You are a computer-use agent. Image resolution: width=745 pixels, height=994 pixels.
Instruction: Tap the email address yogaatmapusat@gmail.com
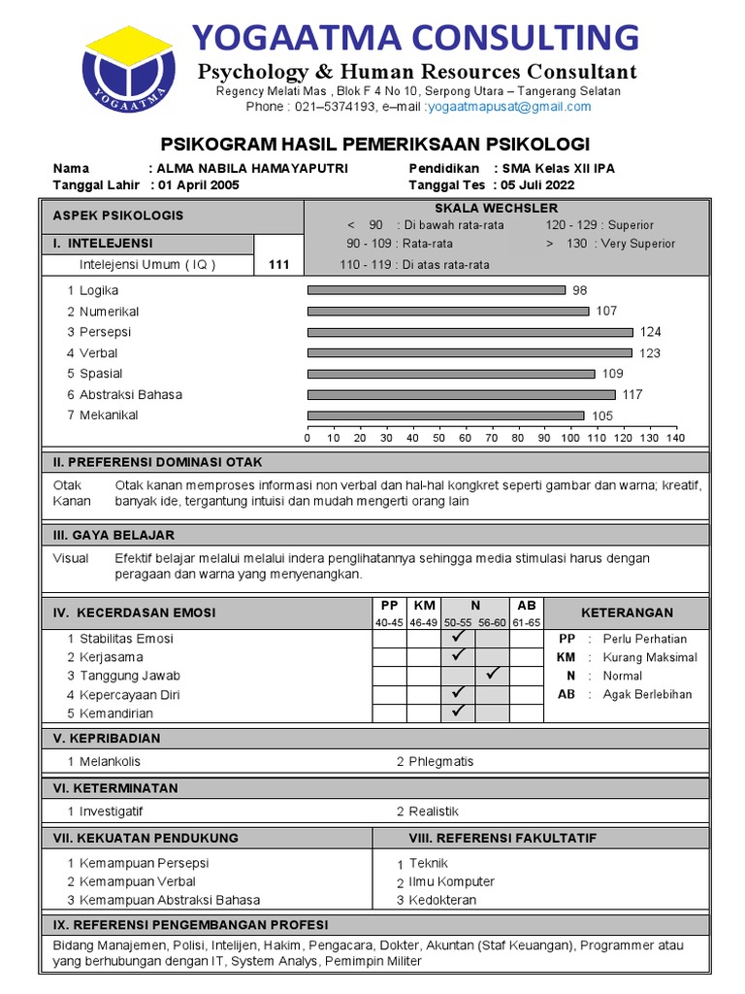509,107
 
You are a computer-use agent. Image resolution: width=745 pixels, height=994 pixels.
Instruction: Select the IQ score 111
279,264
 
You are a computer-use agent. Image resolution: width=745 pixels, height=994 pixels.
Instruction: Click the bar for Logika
436,290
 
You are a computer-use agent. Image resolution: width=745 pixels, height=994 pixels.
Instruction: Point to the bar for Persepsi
470,332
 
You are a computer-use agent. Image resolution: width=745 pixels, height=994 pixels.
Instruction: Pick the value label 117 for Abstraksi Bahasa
633,394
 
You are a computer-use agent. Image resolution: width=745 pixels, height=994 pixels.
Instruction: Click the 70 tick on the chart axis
492,438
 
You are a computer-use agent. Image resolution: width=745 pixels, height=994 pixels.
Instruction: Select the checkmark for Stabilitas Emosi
458,638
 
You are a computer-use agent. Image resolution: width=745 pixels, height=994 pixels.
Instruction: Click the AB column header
526,605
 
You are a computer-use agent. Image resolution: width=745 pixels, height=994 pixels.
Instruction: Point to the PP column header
390,605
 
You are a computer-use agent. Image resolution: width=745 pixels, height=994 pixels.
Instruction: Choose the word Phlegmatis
441,761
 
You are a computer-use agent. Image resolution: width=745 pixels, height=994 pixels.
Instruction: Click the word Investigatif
111,812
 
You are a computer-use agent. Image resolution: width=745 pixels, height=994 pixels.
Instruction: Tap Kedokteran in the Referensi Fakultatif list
442,900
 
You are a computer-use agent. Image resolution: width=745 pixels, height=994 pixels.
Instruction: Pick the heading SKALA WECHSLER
496,209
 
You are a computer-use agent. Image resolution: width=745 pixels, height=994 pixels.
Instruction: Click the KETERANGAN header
626,613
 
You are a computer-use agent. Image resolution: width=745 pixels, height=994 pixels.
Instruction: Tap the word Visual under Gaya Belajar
71,559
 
